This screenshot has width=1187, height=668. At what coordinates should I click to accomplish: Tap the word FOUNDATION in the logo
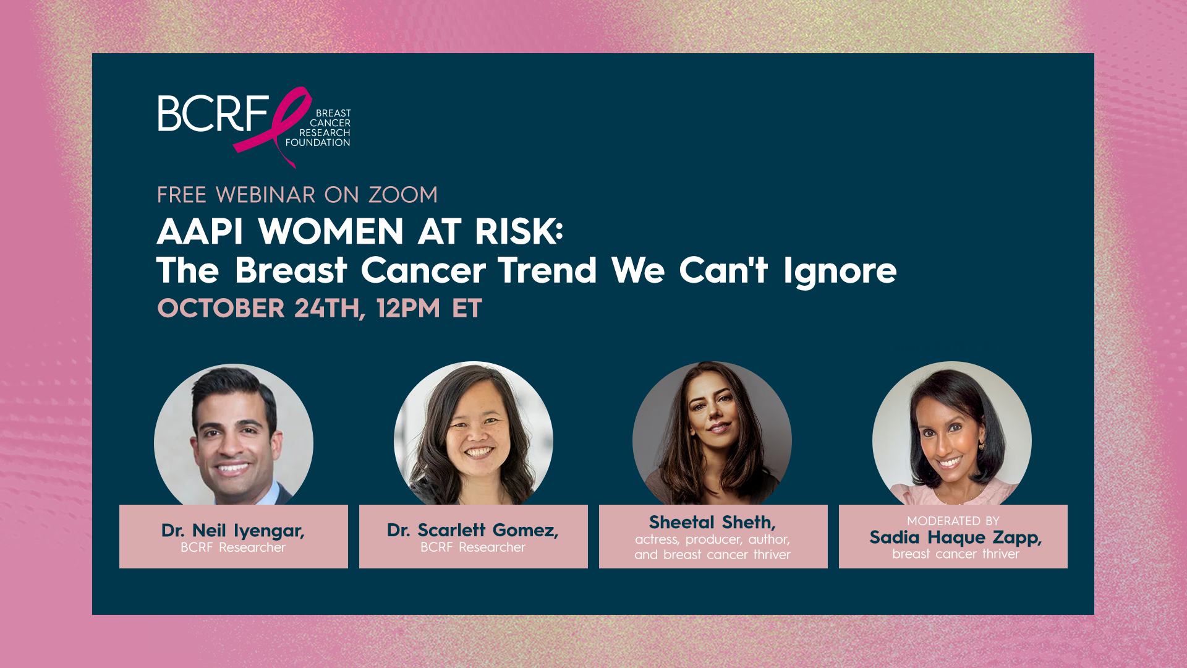click(x=318, y=143)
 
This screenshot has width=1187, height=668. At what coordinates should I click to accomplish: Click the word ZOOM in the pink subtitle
click(x=403, y=195)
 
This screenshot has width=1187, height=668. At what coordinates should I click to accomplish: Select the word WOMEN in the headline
click(x=331, y=231)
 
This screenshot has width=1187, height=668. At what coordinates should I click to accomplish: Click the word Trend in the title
click(x=547, y=270)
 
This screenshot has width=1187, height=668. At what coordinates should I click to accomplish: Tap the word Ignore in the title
click(x=840, y=272)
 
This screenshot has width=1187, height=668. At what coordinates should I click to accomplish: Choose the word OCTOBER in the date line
click(x=221, y=309)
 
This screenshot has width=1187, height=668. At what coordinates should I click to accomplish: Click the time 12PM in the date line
click(x=408, y=309)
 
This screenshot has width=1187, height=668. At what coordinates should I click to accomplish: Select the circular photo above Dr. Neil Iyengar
click(x=234, y=434)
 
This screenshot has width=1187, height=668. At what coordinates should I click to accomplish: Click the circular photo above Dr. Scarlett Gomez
click(x=474, y=433)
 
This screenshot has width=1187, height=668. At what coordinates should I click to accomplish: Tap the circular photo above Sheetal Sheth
click(x=712, y=433)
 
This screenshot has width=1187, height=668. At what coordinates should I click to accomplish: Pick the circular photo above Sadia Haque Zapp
click(x=952, y=433)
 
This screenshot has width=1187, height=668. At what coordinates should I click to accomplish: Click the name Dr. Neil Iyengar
click(x=233, y=531)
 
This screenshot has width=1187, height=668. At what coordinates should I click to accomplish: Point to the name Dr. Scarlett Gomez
click(x=473, y=531)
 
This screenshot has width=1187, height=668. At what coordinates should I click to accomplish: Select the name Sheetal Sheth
click(x=712, y=523)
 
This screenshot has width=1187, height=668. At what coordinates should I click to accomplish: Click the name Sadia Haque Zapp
click(x=956, y=538)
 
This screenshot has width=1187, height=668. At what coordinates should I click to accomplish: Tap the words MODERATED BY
click(x=953, y=521)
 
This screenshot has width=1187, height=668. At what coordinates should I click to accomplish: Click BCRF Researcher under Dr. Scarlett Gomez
click(x=473, y=547)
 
